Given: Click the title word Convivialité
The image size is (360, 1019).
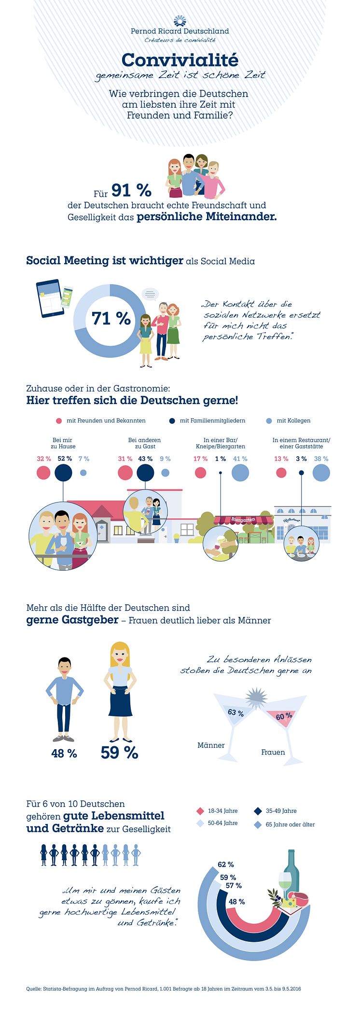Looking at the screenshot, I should [x=180, y=60].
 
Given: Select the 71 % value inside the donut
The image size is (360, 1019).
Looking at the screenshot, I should [x=111, y=319].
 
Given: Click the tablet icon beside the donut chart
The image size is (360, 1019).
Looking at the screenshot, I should [x=50, y=298].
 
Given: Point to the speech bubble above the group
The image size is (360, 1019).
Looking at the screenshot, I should [x=150, y=293].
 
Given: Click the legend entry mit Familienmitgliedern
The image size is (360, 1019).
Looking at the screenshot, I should [x=212, y=420].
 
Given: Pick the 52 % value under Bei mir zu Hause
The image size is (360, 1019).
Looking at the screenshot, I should [x=65, y=459].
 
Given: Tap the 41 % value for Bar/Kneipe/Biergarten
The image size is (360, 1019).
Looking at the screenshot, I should [x=240, y=459].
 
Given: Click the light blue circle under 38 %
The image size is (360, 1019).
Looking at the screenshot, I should [x=321, y=473].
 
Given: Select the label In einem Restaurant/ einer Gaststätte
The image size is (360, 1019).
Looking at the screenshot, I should [x=301, y=443].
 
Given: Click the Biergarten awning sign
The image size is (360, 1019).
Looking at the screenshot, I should [x=243, y=520].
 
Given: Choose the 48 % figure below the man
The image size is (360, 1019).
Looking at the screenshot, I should [x=64, y=753].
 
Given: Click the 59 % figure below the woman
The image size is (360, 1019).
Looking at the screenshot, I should [x=119, y=753].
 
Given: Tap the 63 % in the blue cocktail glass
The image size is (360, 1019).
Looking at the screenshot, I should [x=235, y=713].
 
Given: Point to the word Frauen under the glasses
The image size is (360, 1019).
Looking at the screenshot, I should [x=273, y=752].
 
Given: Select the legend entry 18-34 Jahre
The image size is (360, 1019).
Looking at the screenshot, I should [x=222, y=811].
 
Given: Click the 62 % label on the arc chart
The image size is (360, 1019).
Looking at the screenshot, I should [x=226, y=864].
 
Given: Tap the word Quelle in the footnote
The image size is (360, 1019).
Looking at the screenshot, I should [x=33, y=989].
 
